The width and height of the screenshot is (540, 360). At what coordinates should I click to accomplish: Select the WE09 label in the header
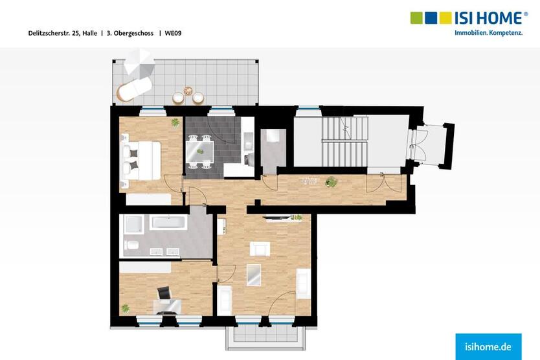(173, 32)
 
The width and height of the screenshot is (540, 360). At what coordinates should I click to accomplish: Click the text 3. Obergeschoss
(129, 32)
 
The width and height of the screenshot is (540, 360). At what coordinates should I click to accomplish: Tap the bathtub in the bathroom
(168, 224)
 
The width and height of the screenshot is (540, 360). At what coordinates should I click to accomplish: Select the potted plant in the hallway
(331, 182)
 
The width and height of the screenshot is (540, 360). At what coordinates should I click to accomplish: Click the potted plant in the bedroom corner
(175, 122)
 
